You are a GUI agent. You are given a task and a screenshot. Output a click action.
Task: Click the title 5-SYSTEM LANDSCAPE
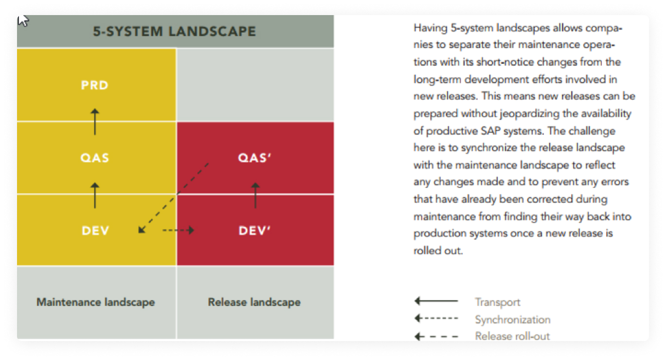tap(175, 32)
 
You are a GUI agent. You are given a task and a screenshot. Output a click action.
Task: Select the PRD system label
tap(95, 86)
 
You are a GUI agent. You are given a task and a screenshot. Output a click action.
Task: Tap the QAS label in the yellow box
tap(95, 158)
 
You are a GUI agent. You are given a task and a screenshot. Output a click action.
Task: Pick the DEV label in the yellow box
tap(95, 231)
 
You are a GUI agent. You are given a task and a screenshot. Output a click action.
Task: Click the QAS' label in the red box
tap(255, 158)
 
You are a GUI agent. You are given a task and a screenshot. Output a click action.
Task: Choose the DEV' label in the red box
tap(255, 231)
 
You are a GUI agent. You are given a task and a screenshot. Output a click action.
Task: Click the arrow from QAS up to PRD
tap(95, 122)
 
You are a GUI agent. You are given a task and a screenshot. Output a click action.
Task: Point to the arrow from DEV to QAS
tap(95, 195)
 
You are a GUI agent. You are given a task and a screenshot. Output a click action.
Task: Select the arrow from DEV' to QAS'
tap(255, 195)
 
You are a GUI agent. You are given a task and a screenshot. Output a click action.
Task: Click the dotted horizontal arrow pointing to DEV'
tap(178, 230)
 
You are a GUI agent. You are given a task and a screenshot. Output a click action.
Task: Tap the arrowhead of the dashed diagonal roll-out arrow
tap(142, 230)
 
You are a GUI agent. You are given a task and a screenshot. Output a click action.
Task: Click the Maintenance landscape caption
tap(95, 302)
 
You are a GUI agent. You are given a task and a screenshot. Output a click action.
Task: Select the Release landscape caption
tap(254, 302)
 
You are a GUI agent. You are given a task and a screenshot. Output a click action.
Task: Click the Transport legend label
tap(497, 302)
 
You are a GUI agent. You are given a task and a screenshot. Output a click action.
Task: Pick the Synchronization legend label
tap(512, 320)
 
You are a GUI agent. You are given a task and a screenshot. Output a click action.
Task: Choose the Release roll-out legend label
tap(512, 336)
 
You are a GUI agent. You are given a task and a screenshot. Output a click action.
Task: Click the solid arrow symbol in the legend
tap(436, 301)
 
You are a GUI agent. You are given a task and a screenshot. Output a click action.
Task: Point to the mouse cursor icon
tap(23, 21)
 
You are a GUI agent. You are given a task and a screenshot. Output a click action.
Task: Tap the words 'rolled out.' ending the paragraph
tap(438, 251)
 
